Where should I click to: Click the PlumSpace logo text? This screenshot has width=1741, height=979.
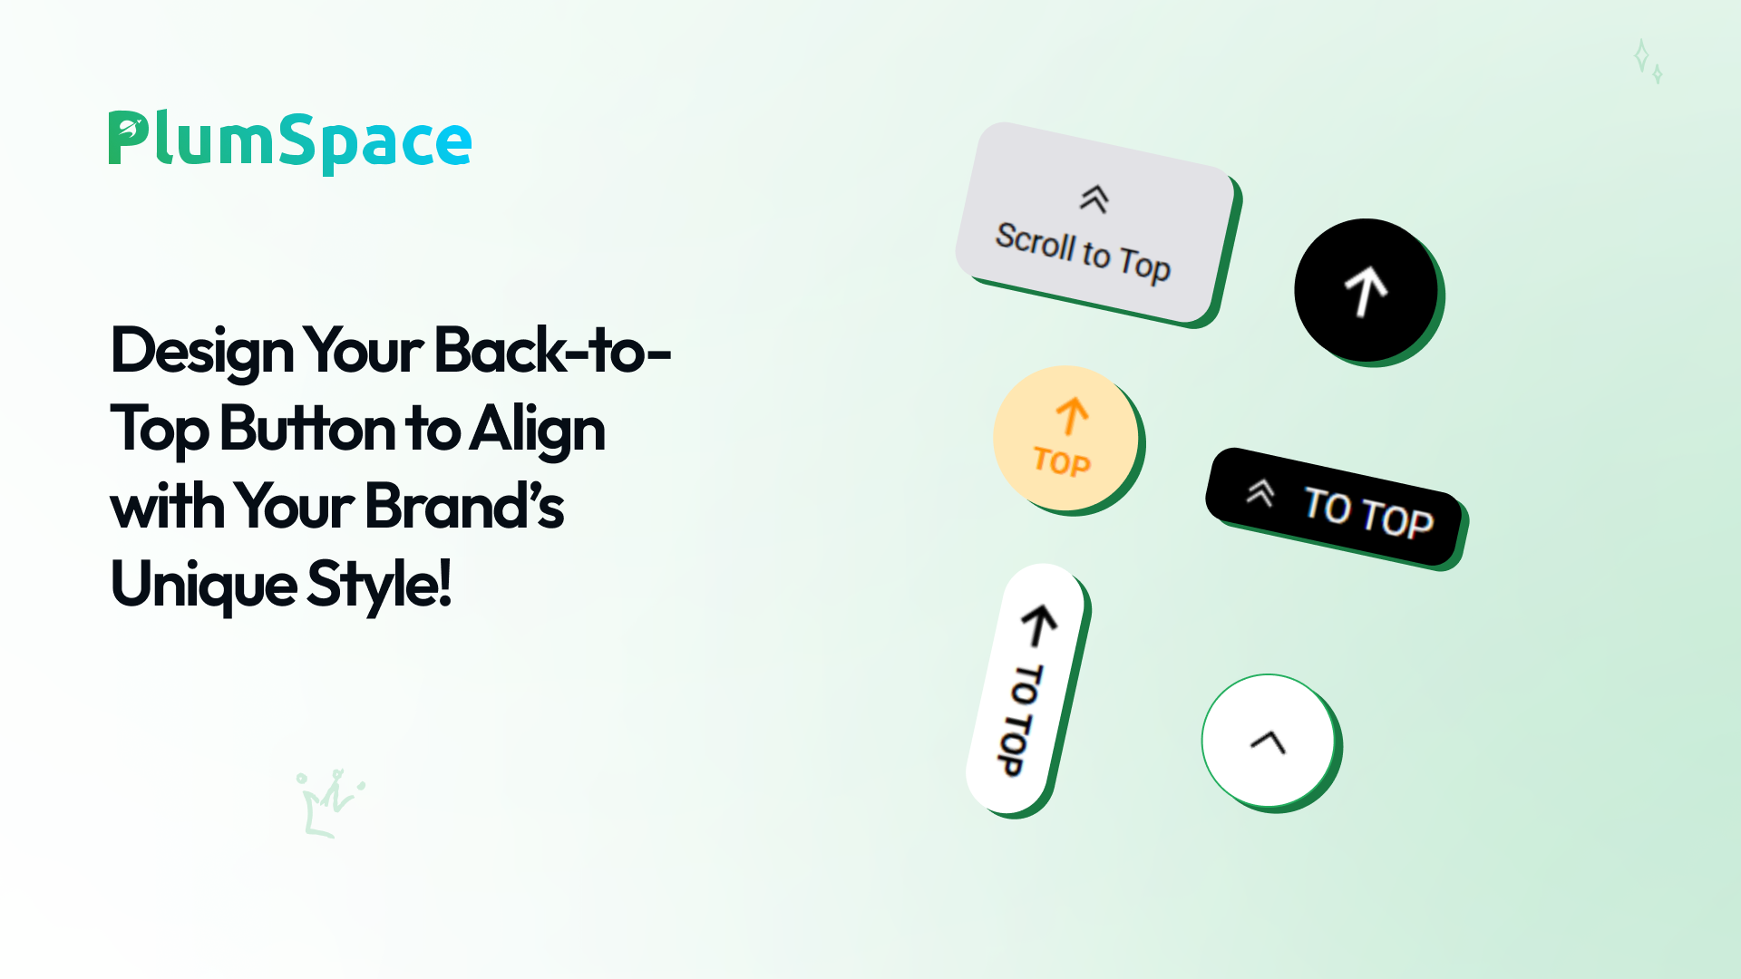point(290,141)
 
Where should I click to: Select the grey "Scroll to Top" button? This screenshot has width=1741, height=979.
point(1097,224)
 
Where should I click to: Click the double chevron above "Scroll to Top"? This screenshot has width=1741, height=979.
point(1094,199)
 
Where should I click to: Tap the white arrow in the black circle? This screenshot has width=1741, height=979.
point(1366,290)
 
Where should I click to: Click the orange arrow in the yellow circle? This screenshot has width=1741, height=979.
point(1072,416)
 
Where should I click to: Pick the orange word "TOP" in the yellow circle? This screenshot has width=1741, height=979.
point(1062,462)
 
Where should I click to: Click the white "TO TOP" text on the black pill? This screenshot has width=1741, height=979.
point(1368,513)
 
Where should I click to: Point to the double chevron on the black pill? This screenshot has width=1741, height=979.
point(1260,492)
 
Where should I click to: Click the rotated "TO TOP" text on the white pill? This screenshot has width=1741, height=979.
point(1023,720)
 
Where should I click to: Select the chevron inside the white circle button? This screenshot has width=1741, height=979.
point(1269,742)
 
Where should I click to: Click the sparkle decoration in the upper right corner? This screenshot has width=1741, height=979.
point(1648,61)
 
